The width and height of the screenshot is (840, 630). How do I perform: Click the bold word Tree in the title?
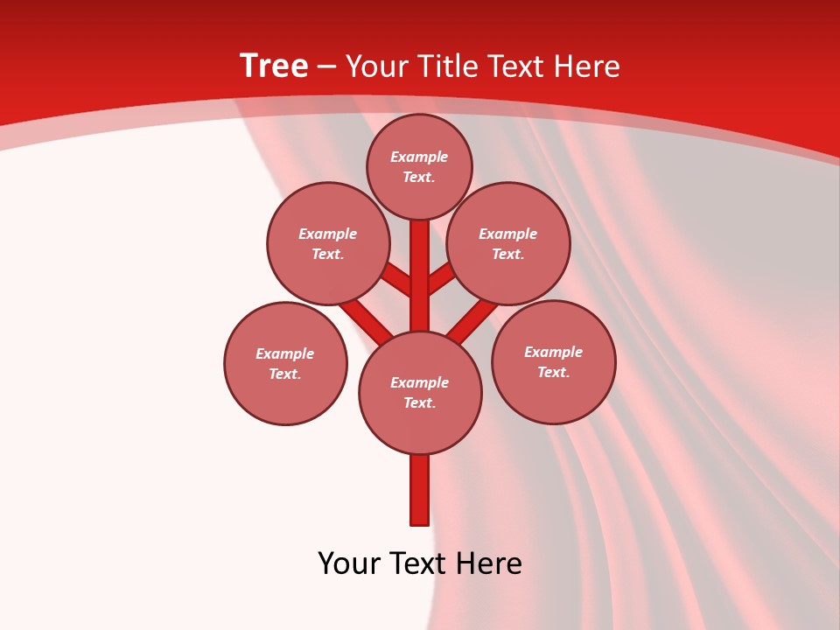point(274,66)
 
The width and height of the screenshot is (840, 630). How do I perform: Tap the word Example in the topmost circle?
point(419,157)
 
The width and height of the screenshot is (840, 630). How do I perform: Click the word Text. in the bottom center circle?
point(419,403)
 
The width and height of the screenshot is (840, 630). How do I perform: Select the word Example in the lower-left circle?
point(284,353)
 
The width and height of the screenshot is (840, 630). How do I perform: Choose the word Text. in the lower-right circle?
point(553,373)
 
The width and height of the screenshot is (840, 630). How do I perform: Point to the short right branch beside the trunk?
point(441,279)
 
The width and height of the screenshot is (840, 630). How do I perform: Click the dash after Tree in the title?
point(327,66)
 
